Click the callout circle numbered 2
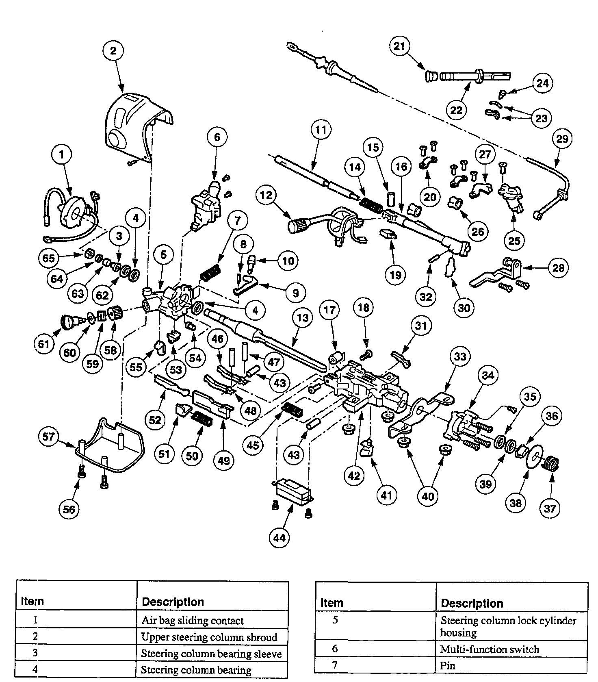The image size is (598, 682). click(113, 51)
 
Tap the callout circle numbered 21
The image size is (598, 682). click(400, 46)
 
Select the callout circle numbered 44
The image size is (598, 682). click(279, 538)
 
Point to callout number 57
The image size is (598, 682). click(48, 437)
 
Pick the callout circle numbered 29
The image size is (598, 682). click(562, 139)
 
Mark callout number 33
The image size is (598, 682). click(460, 356)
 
